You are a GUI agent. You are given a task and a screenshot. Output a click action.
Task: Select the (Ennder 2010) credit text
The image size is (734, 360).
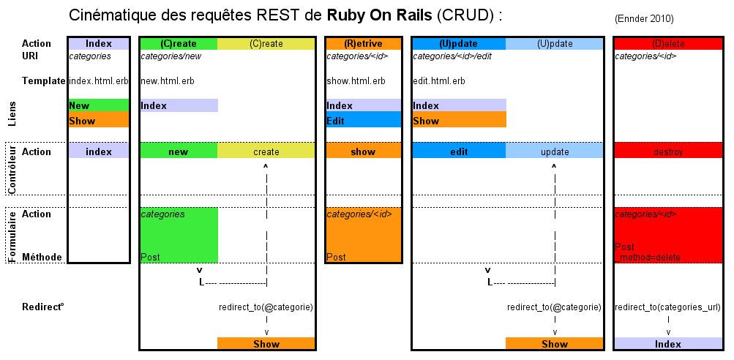click(x=644, y=18)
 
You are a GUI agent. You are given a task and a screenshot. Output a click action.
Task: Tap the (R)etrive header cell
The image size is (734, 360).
click(x=363, y=44)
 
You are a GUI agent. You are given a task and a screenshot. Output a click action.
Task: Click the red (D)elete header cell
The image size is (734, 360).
click(x=667, y=44)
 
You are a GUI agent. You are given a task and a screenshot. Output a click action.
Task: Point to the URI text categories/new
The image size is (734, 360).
click(x=171, y=56)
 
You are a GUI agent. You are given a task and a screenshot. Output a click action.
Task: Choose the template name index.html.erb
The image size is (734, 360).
click(x=98, y=80)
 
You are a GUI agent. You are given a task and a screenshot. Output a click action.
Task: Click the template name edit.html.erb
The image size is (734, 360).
click(x=440, y=80)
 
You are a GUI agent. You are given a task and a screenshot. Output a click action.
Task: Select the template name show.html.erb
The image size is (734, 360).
click(x=356, y=80)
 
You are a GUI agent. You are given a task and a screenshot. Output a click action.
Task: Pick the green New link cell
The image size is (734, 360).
click(x=98, y=105)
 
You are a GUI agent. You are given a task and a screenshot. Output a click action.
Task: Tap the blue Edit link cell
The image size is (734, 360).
click(x=363, y=120)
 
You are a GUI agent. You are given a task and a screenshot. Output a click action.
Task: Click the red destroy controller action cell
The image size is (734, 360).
click(x=667, y=151)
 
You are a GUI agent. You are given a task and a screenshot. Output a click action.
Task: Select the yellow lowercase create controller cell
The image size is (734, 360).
click(x=266, y=151)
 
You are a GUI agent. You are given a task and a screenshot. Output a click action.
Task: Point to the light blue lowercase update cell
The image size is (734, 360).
click(x=554, y=151)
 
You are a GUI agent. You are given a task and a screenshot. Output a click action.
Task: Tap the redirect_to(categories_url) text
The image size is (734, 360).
click(x=667, y=307)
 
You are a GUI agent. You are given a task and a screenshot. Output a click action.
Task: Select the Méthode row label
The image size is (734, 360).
click(x=42, y=257)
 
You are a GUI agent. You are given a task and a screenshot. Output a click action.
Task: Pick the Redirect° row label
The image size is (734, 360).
click(x=43, y=307)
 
